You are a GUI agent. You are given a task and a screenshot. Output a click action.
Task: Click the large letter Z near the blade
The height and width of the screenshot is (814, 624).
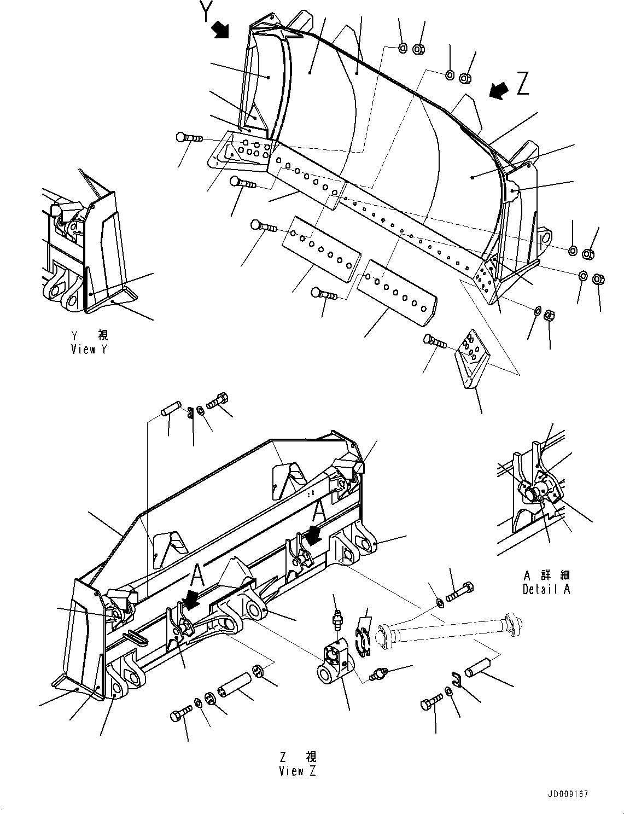tap(523, 85)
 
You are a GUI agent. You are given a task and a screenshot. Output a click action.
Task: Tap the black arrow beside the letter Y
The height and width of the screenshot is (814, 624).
tap(221, 30)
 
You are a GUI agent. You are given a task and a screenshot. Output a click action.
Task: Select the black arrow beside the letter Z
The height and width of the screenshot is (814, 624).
tap(499, 90)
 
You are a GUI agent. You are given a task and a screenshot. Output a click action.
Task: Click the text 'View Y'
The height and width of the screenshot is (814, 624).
tap(89, 349)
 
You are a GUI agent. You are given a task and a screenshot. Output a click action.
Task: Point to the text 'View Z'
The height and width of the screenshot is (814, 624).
tap(298, 771)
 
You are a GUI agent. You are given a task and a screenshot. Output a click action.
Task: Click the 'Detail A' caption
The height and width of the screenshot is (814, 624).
tap(546, 590)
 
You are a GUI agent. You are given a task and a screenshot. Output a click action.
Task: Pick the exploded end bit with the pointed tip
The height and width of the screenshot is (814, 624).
tap(471, 358)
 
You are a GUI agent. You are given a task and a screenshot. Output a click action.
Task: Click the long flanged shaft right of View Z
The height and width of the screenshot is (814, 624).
tap(448, 632)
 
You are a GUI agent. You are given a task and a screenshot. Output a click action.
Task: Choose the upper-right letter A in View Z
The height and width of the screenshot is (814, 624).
tap(319, 510)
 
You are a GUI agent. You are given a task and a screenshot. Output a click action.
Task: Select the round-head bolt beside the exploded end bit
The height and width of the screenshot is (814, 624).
tap(435, 342)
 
